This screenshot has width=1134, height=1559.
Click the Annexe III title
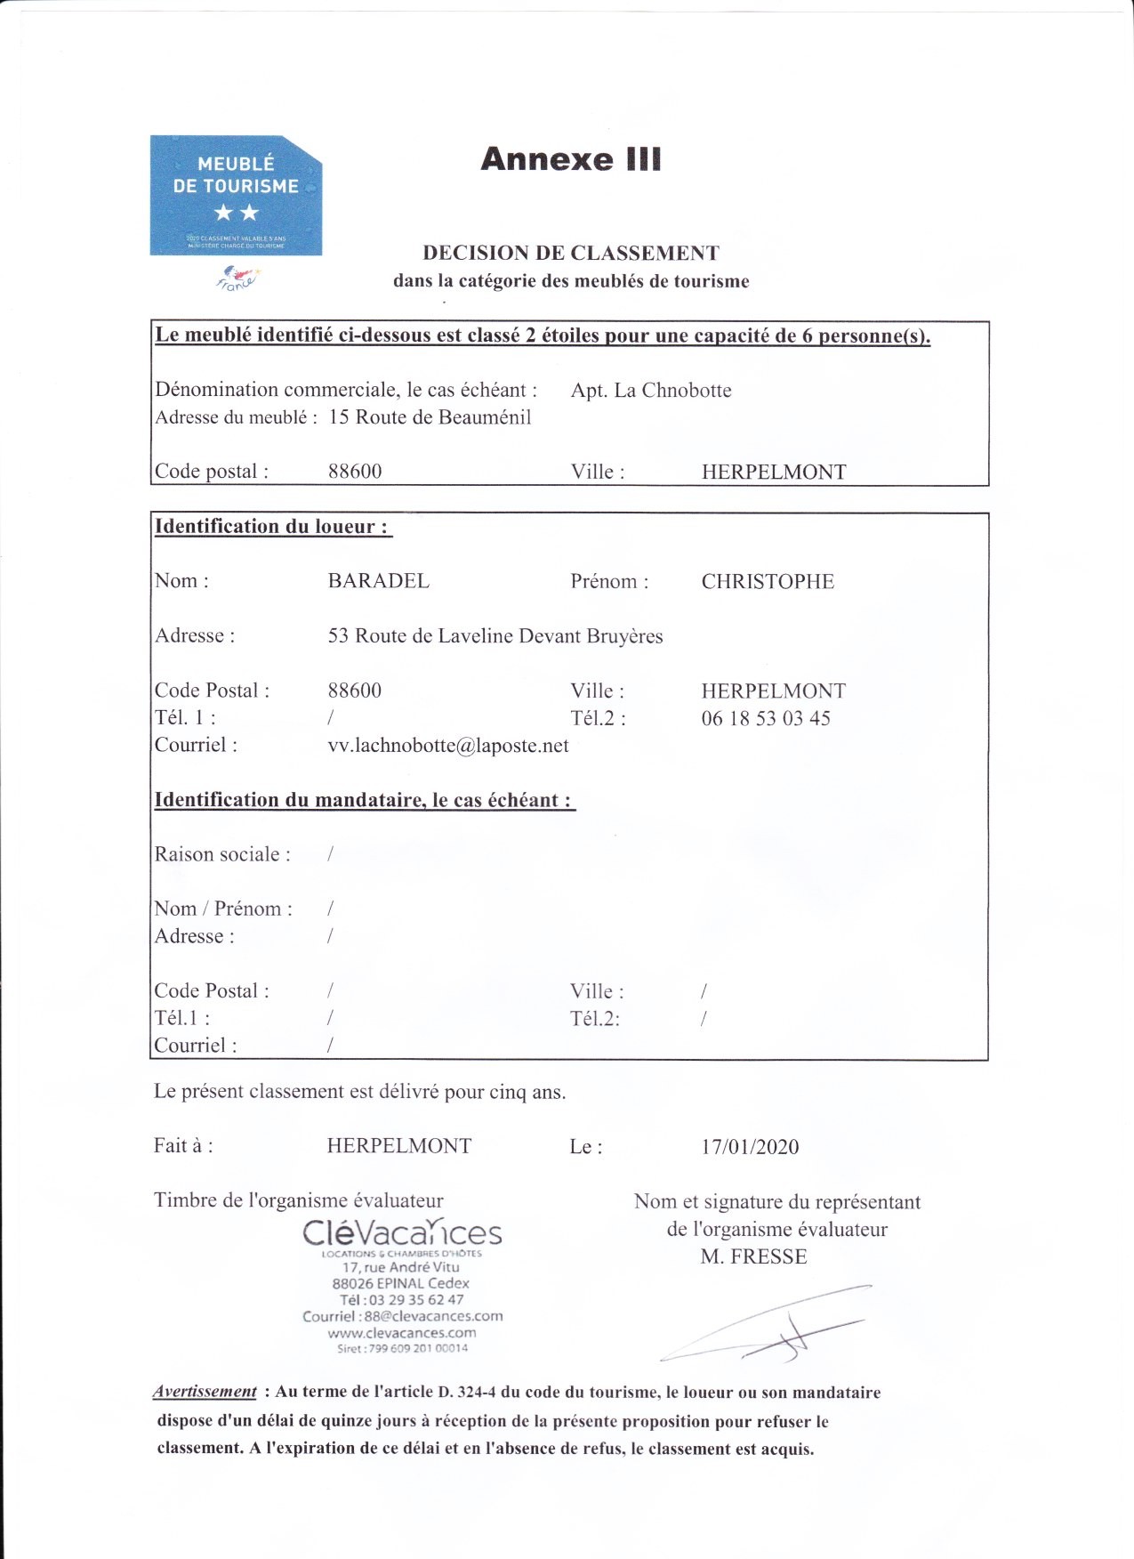coord(571,159)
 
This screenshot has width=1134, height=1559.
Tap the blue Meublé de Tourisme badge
coord(236,196)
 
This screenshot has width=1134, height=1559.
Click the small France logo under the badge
coord(236,279)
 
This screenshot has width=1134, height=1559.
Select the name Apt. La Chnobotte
coord(651,391)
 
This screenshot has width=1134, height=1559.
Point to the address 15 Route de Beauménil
coord(430,417)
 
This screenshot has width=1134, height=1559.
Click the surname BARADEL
coord(379,581)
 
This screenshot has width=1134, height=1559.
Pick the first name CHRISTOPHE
coord(768,582)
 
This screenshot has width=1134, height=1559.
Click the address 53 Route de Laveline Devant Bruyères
coord(495,636)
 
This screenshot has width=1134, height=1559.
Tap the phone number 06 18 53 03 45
coord(766,719)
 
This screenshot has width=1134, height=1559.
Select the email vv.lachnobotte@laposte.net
coord(448,746)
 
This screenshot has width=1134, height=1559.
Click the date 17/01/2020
coord(750,1147)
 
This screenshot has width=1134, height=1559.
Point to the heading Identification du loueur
coord(272,527)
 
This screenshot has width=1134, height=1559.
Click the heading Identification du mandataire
coord(364,800)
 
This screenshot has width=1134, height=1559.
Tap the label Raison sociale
coord(222,854)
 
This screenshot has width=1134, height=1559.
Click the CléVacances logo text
coord(402,1233)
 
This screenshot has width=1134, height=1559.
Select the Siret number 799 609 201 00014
coord(402,1348)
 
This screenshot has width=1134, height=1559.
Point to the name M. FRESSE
coord(753,1256)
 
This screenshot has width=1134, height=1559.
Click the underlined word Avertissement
coord(205,1392)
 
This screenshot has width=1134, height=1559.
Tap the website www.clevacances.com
coord(402,1333)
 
